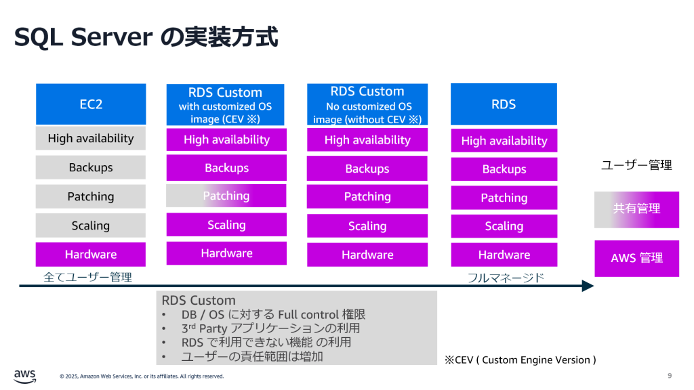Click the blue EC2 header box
(x=90, y=104)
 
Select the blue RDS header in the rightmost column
(x=504, y=104)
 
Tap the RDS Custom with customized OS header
(x=226, y=105)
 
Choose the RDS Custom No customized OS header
(x=367, y=105)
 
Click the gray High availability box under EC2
(x=90, y=138)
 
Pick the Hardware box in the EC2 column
(x=90, y=255)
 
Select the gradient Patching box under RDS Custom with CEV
(x=226, y=196)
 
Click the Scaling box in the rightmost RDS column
(x=504, y=226)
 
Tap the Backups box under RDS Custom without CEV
(x=367, y=169)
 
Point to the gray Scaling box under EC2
(x=90, y=225)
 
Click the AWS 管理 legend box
(x=636, y=258)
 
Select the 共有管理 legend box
(x=636, y=209)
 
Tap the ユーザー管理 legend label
(x=636, y=165)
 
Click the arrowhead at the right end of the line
(x=588, y=286)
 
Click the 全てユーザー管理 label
(x=87, y=277)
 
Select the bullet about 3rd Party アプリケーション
(x=270, y=328)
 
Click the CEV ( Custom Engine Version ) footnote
(x=520, y=360)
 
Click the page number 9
(x=670, y=376)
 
